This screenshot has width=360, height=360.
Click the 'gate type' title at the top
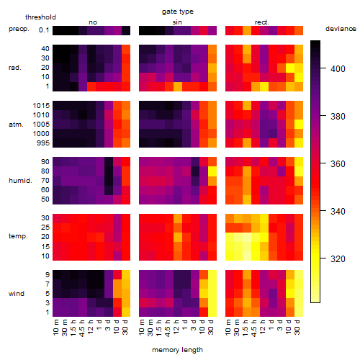click(178, 12)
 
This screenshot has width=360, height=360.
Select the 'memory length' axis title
click(177, 350)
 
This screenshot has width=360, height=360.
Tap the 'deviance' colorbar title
click(341, 29)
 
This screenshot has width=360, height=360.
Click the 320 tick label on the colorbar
click(338, 259)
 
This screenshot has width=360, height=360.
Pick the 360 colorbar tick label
click(338, 164)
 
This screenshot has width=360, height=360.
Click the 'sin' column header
click(177, 22)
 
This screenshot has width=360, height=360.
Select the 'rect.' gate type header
click(262, 22)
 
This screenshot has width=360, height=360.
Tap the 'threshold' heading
click(40, 17)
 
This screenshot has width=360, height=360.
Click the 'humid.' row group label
click(20, 181)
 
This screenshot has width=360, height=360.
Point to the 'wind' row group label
click(17, 294)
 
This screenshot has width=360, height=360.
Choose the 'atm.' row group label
click(16, 125)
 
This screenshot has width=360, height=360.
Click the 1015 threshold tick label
click(41, 106)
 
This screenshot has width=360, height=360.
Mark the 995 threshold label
click(43, 143)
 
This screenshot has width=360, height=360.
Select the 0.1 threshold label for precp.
click(44, 30)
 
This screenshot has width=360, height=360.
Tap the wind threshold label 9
click(48, 275)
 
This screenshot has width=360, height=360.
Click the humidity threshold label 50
click(45, 199)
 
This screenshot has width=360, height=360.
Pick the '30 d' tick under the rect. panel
click(297, 327)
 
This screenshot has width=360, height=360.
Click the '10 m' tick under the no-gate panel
click(55, 327)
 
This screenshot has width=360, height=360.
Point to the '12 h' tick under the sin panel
click(176, 327)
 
